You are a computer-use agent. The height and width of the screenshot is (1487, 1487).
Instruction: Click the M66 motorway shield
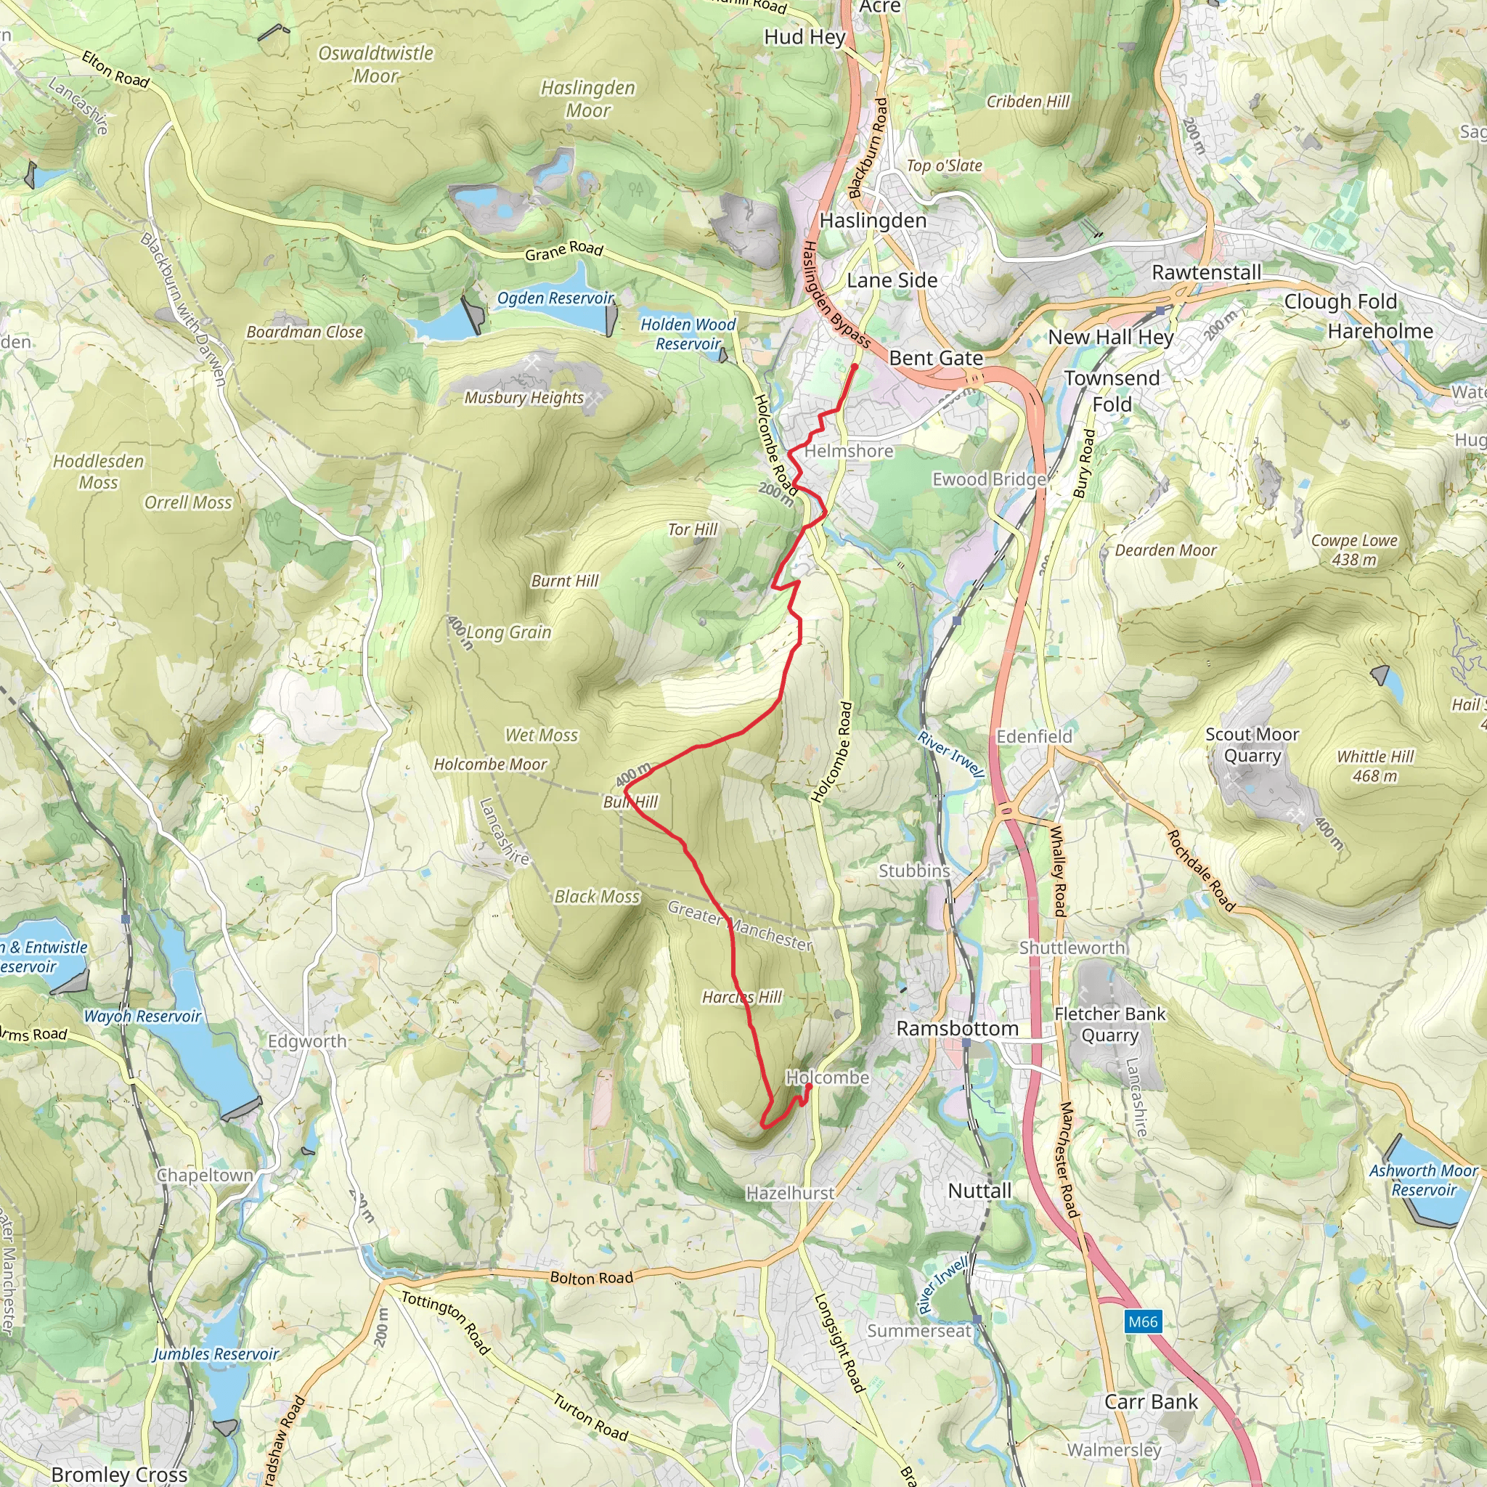pos(1142,1321)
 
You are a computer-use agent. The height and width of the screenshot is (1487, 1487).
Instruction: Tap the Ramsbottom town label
pos(957,1028)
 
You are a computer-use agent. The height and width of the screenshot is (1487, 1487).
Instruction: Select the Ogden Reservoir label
pos(555,298)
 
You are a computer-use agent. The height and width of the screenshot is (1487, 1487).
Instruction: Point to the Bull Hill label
pos(630,802)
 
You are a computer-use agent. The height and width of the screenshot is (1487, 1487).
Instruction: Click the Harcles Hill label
pos(741,997)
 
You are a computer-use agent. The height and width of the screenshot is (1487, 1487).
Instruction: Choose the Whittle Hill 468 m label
pos(1374,766)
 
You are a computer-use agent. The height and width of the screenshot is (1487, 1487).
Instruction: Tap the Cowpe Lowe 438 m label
pos(1354,550)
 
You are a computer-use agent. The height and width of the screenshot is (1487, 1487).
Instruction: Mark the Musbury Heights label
pos(523,397)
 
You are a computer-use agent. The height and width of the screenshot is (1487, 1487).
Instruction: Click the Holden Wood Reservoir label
pos(688,334)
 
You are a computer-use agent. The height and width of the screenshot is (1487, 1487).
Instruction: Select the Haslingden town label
pos(872,221)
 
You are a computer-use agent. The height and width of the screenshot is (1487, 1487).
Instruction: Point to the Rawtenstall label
pos(1206,272)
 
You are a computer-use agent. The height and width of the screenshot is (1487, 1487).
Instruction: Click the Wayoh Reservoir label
pos(142,1016)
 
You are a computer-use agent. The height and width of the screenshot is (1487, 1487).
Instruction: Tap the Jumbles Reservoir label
pos(216,1354)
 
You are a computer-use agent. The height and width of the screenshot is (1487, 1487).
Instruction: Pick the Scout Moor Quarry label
pos(1252,745)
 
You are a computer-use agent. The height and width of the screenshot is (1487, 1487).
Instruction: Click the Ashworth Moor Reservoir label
pos(1423,1180)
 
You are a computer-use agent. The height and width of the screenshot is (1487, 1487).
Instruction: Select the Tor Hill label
pos(692,529)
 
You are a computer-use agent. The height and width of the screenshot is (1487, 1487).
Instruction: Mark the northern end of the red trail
pos(854,367)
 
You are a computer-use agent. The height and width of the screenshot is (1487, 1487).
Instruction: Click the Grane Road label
pos(564,250)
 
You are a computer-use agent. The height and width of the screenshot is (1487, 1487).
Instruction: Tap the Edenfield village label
pos(1034,736)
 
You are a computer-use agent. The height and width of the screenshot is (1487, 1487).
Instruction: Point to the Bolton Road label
pos(591,1278)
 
